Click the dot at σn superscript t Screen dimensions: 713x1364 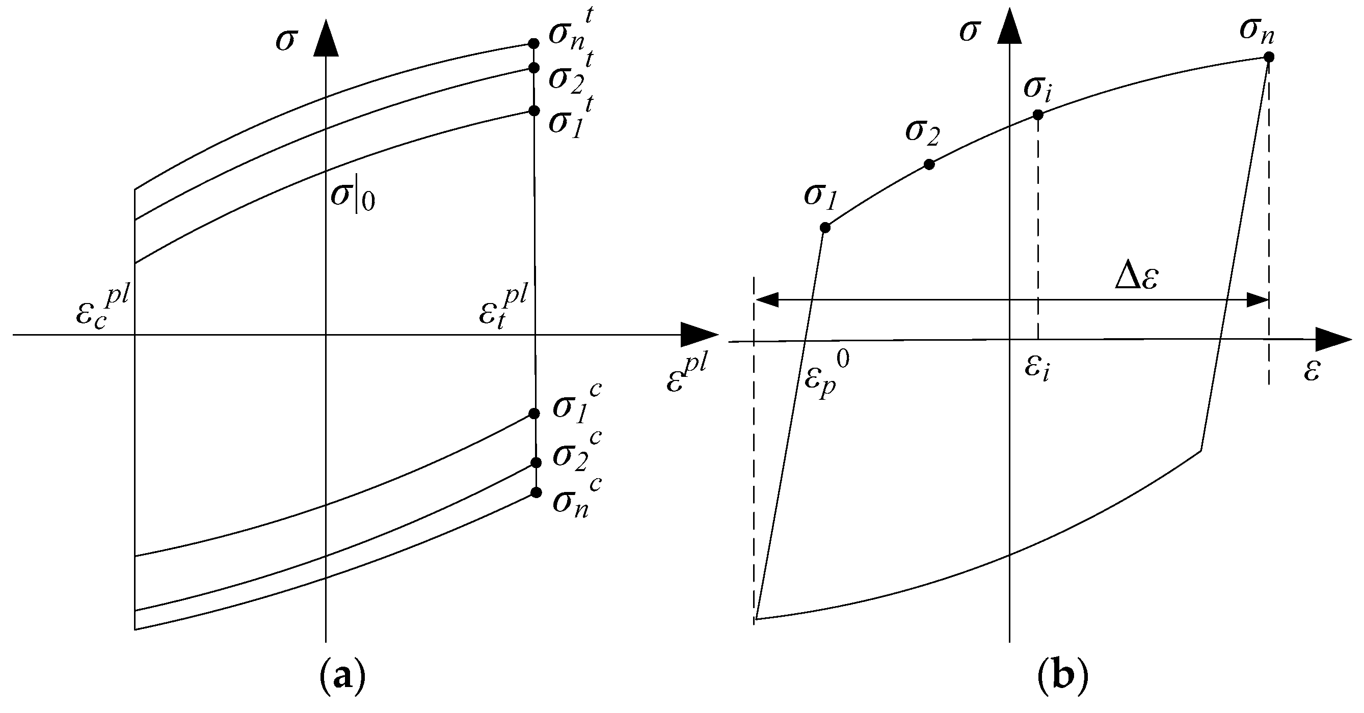[534, 43]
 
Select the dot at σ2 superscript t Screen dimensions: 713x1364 [534, 68]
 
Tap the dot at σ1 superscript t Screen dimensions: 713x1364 [534, 111]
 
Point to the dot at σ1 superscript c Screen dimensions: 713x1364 [534, 414]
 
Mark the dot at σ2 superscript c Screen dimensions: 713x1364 [536, 462]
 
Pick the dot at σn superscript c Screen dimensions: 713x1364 [536, 493]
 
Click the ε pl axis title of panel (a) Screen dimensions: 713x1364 [686, 375]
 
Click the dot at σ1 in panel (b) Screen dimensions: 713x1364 [824, 228]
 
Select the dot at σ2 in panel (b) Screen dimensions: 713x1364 [929, 164]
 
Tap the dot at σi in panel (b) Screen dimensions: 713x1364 [1038, 114]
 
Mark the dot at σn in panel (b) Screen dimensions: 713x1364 [1269, 57]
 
